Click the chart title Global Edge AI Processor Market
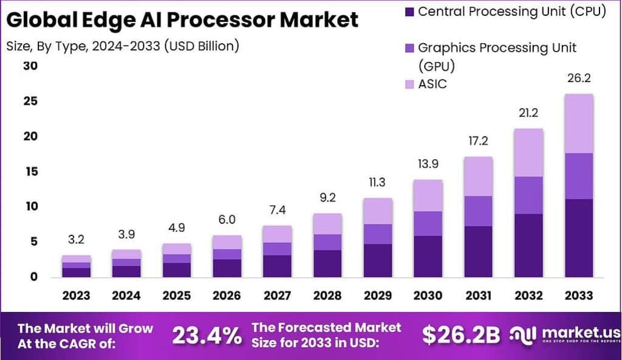(x=182, y=19)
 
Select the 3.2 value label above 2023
(x=76, y=240)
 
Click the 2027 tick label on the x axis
(x=276, y=296)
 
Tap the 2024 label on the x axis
(x=126, y=296)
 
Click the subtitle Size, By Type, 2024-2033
(x=122, y=46)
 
